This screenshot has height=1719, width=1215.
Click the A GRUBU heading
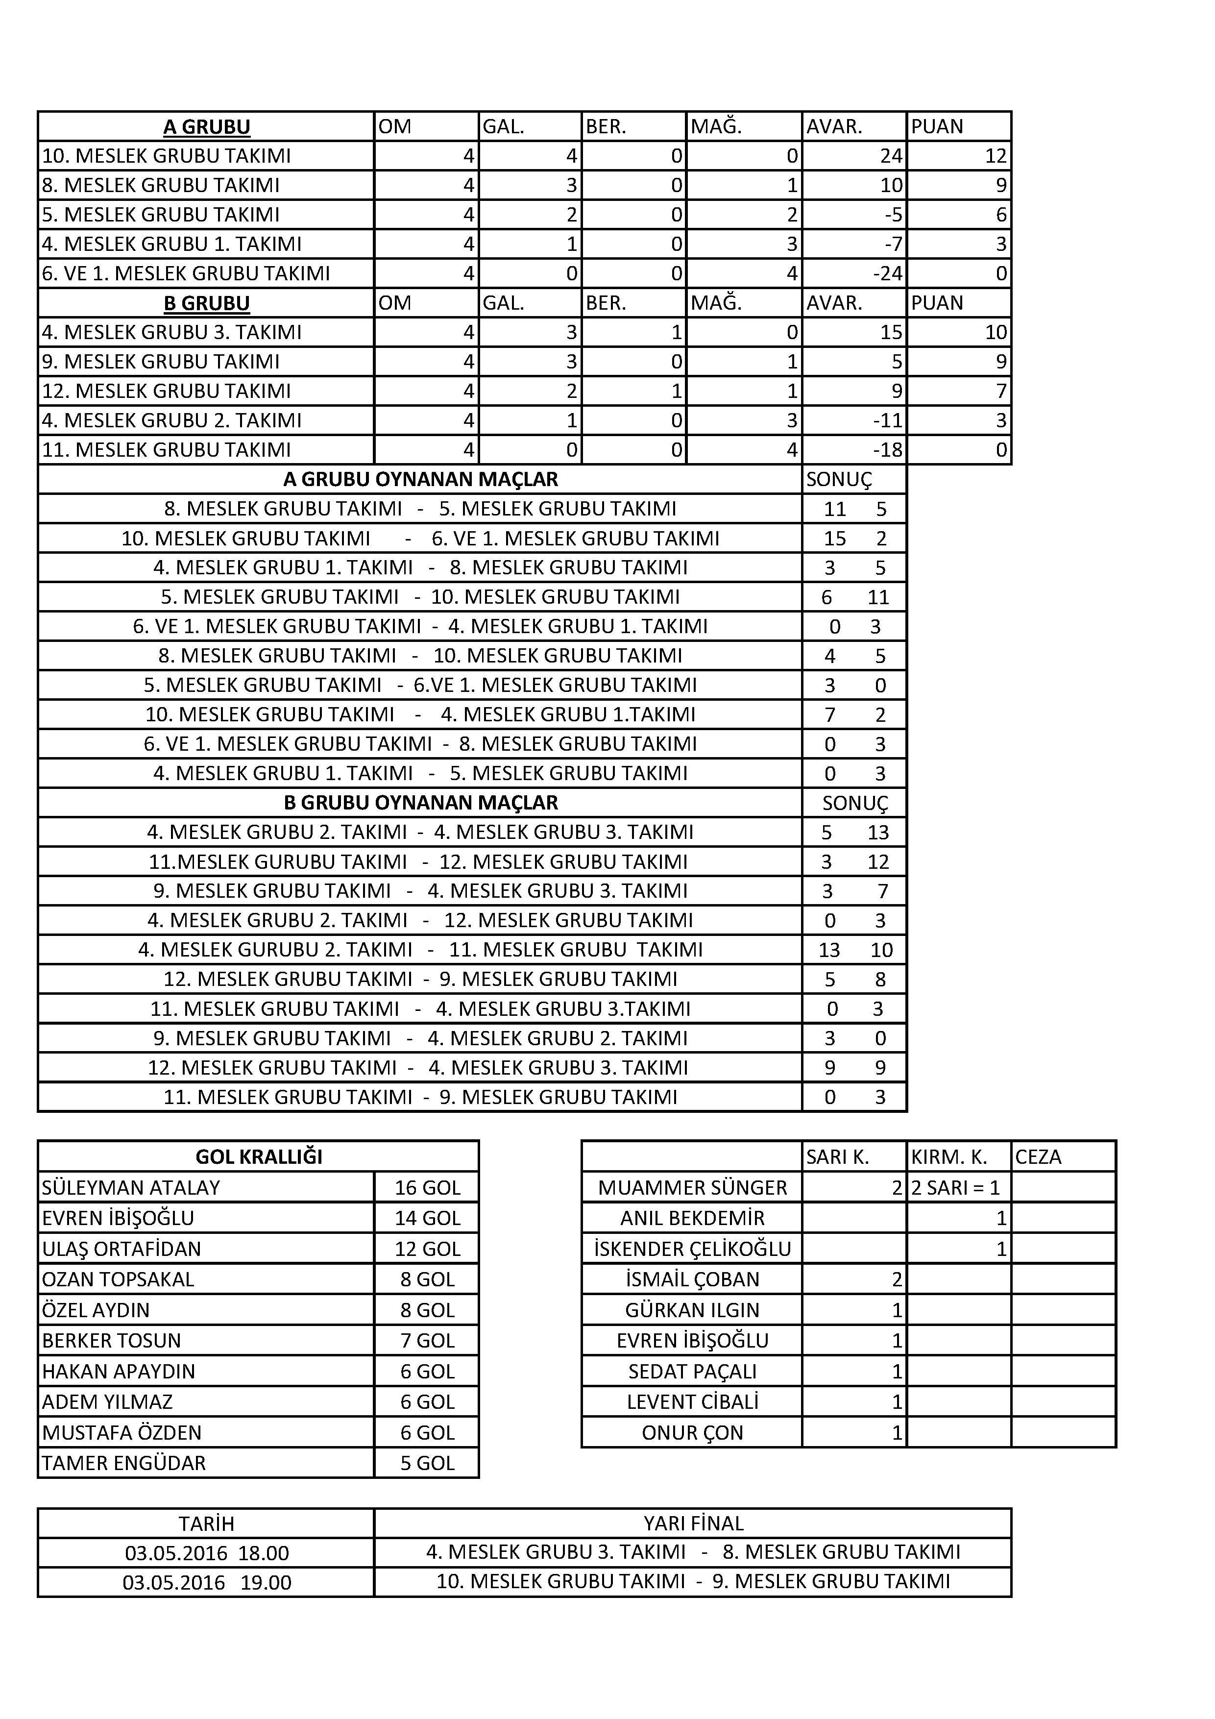(x=207, y=126)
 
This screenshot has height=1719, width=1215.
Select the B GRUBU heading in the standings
(x=207, y=303)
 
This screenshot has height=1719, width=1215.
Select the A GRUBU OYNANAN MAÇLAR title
(x=420, y=479)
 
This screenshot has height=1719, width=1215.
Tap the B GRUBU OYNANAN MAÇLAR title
(x=420, y=803)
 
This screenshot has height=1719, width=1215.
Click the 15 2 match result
(x=854, y=539)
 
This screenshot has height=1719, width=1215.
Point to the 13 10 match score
(x=854, y=950)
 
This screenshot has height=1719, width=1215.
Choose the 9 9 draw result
(x=854, y=1068)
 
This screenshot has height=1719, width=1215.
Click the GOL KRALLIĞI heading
(x=258, y=1157)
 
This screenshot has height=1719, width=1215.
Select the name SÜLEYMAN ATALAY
(x=131, y=1187)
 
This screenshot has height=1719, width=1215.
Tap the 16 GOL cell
(x=427, y=1187)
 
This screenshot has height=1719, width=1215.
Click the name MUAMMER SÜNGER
(x=692, y=1187)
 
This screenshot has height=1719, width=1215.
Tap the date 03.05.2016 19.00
(x=207, y=1583)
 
